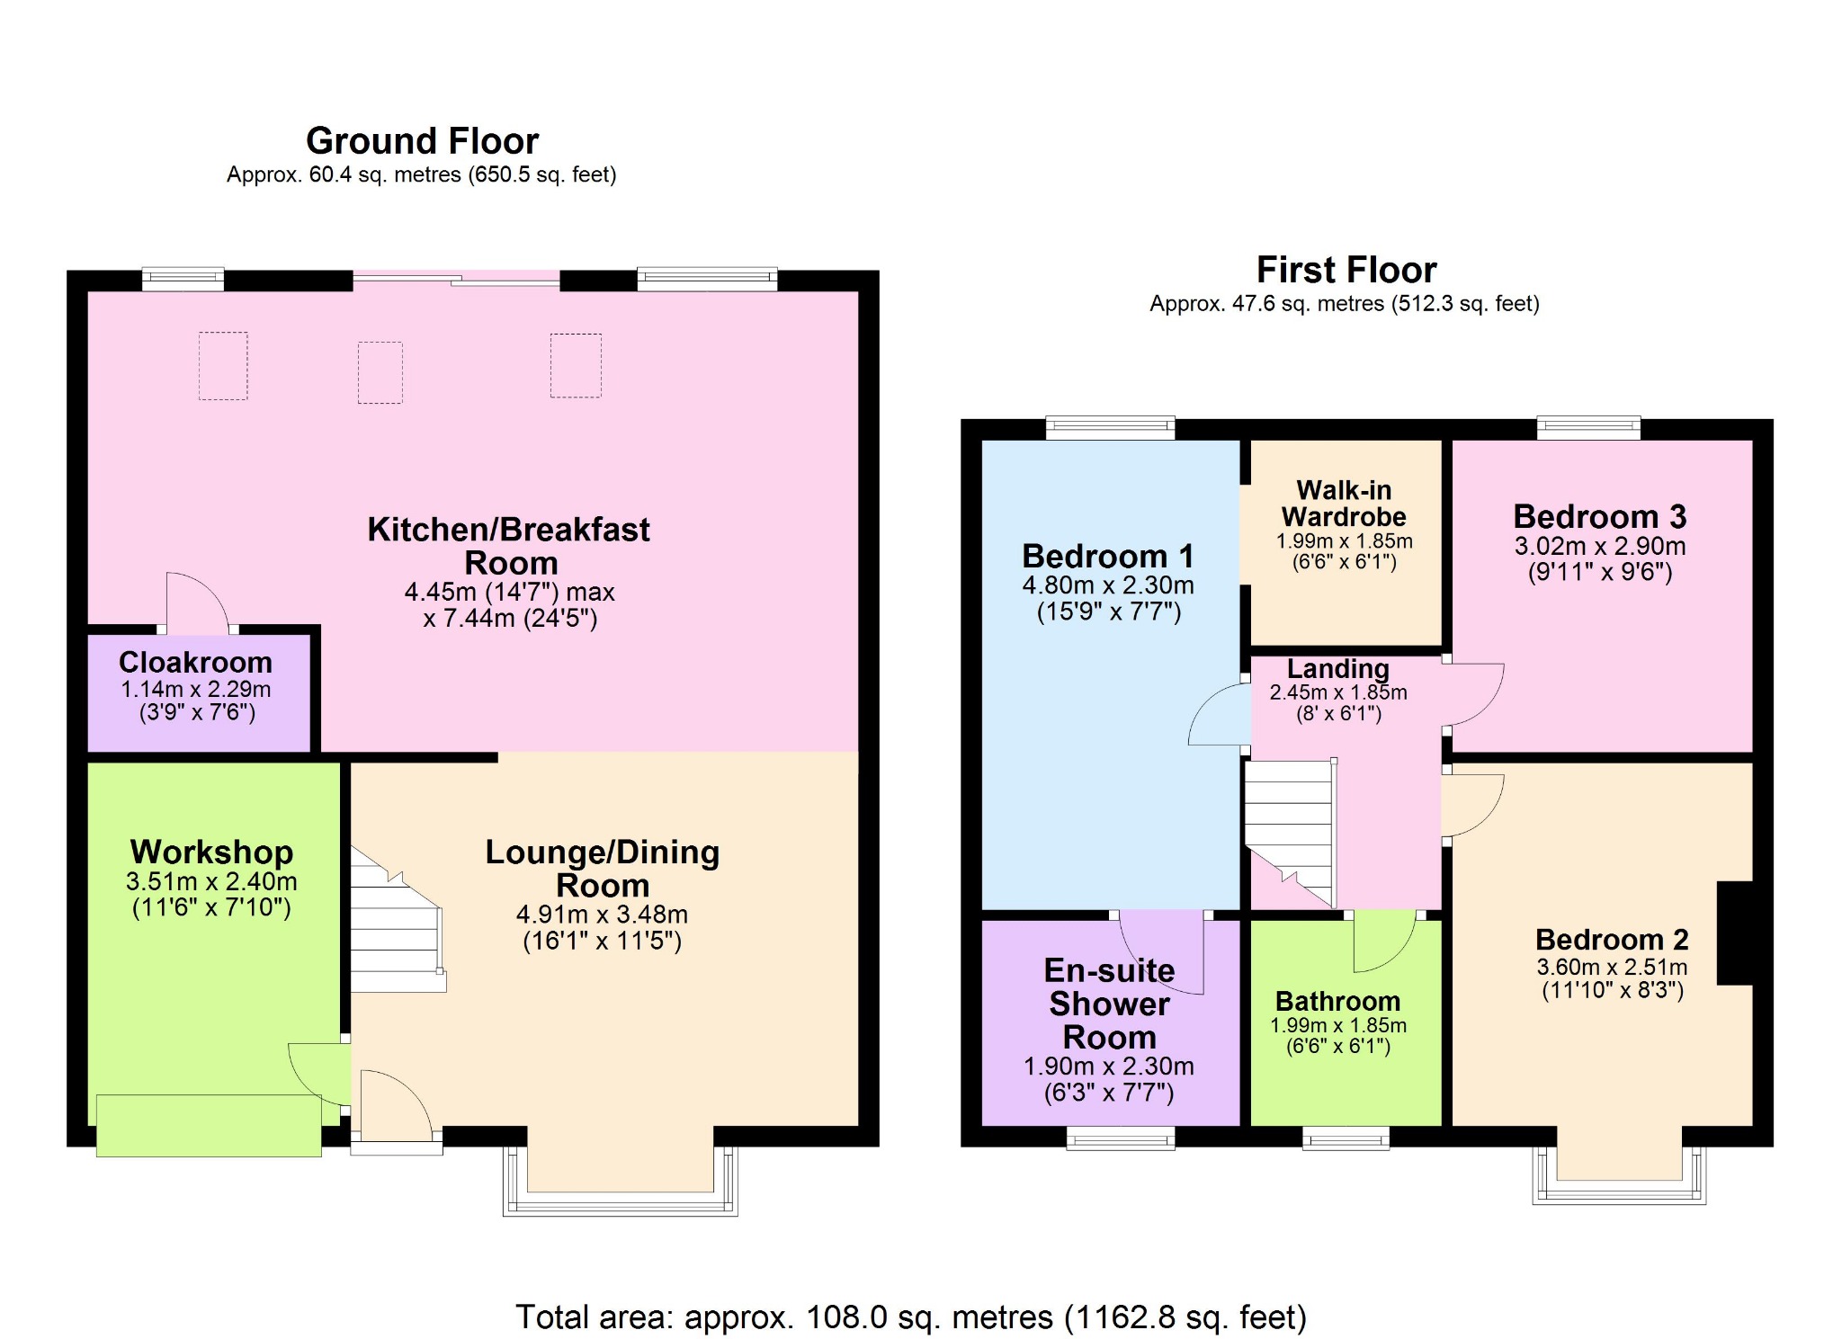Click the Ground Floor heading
tap(422, 141)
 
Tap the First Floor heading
tap(1346, 270)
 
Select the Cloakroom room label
tap(195, 663)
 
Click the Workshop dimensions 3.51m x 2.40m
tap(211, 881)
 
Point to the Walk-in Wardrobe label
tap(1344, 504)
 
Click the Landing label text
tap(1337, 669)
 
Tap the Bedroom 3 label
tap(1599, 517)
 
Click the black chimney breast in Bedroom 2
tap(1736, 933)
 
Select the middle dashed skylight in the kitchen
tap(380, 371)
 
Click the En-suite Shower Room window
tap(1121, 1138)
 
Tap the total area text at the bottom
tap(910, 1317)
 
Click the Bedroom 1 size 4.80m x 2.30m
tap(1108, 585)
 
